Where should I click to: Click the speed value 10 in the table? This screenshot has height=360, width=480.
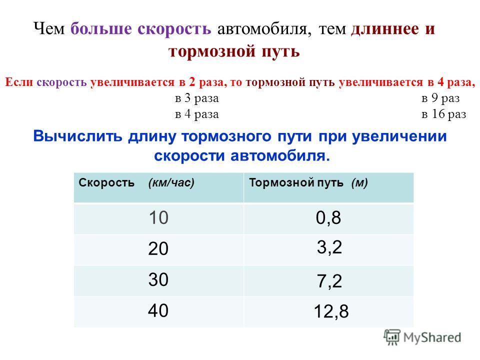pyautogui.click(x=158, y=217)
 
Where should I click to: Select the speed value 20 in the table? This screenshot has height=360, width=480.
pyautogui.click(x=158, y=248)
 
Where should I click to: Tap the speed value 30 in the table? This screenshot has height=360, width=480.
pyautogui.click(x=158, y=279)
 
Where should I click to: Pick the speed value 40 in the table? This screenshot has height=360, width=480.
pyautogui.click(x=158, y=310)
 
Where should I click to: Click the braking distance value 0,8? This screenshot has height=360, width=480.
pyautogui.click(x=328, y=218)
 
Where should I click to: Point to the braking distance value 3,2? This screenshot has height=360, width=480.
pyautogui.click(x=329, y=247)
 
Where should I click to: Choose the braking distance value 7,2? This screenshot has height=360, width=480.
pyautogui.click(x=329, y=281)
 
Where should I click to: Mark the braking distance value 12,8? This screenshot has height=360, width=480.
pyautogui.click(x=331, y=311)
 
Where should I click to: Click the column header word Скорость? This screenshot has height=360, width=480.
pyautogui.click(x=106, y=182)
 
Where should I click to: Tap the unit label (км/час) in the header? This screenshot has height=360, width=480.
pyautogui.click(x=171, y=183)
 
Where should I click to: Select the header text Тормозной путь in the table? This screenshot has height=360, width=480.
pyautogui.click(x=296, y=183)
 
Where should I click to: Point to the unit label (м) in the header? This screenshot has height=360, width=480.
pyautogui.click(x=359, y=183)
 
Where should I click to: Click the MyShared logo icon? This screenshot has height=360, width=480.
pyautogui.click(x=392, y=337)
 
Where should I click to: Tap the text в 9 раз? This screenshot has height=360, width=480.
pyautogui.click(x=440, y=98)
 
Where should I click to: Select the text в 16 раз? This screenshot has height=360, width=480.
pyautogui.click(x=444, y=114)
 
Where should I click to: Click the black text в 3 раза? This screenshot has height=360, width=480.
pyautogui.click(x=197, y=98)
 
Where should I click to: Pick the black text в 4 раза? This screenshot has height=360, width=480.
pyautogui.click(x=197, y=114)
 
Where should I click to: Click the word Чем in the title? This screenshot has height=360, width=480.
pyautogui.click(x=49, y=29)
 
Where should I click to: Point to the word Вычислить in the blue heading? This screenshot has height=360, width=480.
pyautogui.click(x=78, y=136)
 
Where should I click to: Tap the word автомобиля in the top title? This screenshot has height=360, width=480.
pyautogui.click(x=265, y=29)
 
